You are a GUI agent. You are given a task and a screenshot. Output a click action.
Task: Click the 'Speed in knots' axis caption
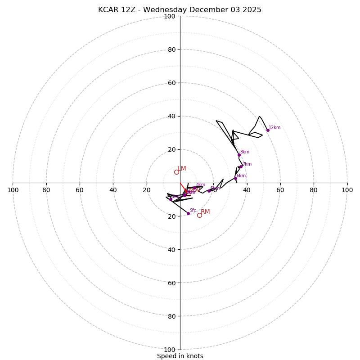(180, 356)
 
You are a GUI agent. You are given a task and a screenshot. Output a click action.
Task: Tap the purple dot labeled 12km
(268, 130)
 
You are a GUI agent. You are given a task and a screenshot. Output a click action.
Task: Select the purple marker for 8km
(239, 155)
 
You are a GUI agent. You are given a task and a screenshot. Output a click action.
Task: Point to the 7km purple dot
(241, 166)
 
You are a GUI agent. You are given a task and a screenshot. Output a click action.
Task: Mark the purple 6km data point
(235, 178)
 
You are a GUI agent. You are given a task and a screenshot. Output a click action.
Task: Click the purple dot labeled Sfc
(188, 213)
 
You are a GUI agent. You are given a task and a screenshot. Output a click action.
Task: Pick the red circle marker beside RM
(199, 215)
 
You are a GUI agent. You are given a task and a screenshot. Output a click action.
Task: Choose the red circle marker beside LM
(176, 172)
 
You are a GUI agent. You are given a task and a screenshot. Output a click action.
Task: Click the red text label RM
(205, 211)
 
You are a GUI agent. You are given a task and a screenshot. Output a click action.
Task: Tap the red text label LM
(182, 169)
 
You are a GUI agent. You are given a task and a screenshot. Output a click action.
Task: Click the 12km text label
(274, 128)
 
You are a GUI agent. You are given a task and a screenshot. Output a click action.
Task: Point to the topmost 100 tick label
(170, 16)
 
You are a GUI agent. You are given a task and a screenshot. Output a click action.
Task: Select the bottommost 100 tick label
(170, 349)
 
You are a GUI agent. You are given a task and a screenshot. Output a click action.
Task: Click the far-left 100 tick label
(13, 190)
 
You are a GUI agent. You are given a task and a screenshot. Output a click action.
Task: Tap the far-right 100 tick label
(347, 190)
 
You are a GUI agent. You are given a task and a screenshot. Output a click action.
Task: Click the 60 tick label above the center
(171, 83)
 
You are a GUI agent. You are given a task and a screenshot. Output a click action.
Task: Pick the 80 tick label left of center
(46, 190)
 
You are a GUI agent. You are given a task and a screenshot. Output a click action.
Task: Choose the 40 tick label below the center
(171, 249)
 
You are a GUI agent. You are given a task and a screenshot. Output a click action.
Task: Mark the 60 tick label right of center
(280, 190)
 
